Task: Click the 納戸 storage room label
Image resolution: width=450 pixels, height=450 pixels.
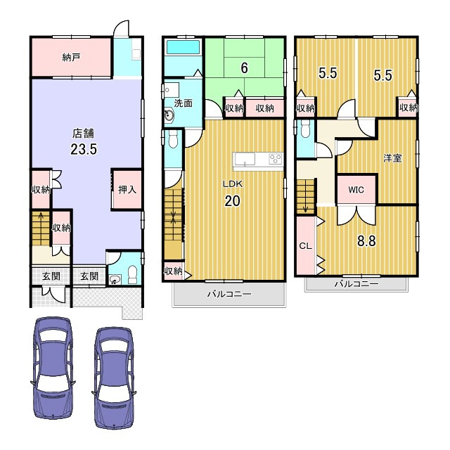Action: coord(71,58)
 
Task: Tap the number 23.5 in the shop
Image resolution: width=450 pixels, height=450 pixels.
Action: coord(84,149)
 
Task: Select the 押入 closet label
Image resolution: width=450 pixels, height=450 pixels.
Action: coord(127,189)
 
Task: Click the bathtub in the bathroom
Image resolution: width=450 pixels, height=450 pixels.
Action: coord(183,47)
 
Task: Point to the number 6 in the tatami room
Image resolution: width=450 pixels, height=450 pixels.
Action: coord(244,68)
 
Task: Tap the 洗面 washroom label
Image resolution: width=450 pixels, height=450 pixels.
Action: coord(183,103)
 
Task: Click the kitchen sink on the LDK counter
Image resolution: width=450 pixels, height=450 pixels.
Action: coord(245,160)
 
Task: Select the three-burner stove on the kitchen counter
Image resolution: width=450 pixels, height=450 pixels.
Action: coord(276,159)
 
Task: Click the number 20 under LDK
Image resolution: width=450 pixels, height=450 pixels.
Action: coord(232,201)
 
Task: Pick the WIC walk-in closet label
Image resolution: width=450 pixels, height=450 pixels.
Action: coord(356,190)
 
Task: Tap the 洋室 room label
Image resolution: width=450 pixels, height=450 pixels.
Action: coord(392,158)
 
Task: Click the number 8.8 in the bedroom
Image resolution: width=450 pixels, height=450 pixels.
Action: coord(366,241)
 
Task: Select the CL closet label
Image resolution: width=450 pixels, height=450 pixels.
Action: coord(305,246)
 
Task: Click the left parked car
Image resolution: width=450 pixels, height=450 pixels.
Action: coord(53,368)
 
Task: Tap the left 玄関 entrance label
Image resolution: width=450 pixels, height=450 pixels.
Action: coord(51,276)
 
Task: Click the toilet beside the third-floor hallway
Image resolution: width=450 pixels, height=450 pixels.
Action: coord(305,129)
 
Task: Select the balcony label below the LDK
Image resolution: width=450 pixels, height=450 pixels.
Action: coord(229,294)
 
